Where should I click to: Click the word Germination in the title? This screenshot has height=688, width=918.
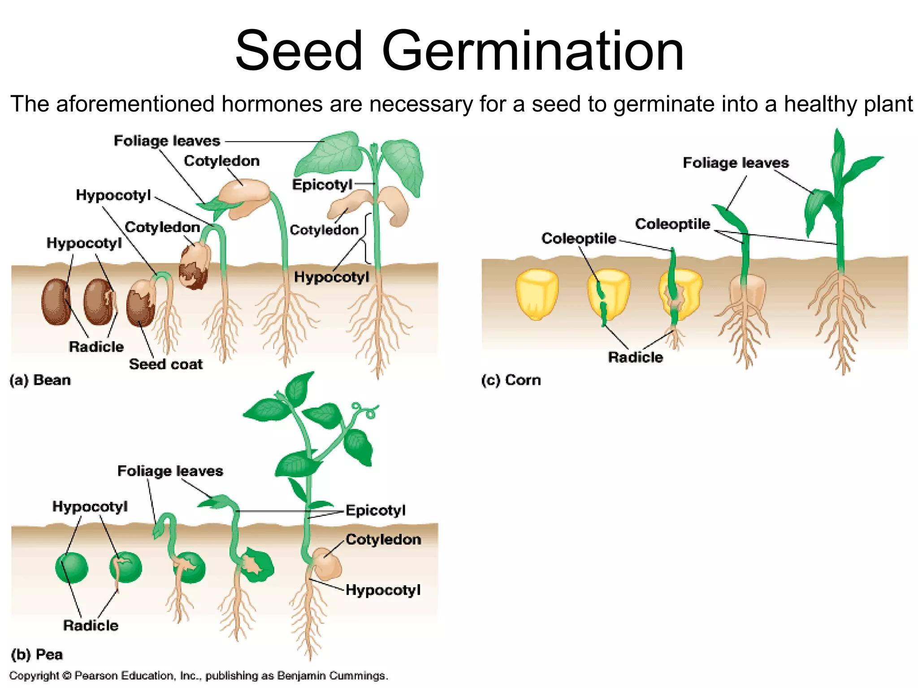pyautogui.click(x=533, y=51)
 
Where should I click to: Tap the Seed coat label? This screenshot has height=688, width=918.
pyautogui.click(x=166, y=364)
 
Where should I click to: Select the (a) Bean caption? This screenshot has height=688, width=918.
pyautogui.click(x=40, y=380)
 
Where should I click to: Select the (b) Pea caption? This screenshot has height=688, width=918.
pyautogui.click(x=36, y=654)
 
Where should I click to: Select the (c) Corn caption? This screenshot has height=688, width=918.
pyautogui.click(x=511, y=380)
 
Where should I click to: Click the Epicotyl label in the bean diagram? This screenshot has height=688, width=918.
pyautogui.click(x=322, y=185)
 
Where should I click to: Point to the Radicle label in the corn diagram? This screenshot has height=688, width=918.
pyautogui.click(x=635, y=357)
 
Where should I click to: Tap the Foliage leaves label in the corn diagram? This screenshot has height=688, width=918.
pyautogui.click(x=736, y=163)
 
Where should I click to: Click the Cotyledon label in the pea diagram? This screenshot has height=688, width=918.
pyautogui.click(x=383, y=539)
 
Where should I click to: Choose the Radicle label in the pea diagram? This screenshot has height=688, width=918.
pyautogui.click(x=91, y=625)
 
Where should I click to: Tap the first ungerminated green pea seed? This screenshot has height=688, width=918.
pyautogui.click(x=72, y=568)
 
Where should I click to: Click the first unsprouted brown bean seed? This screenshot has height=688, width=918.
pyautogui.click(x=56, y=301)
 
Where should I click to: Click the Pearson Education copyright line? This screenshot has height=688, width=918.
pyautogui.click(x=199, y=675)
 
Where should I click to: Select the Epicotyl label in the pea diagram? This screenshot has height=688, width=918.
pyautogui.click(x=376, y=510)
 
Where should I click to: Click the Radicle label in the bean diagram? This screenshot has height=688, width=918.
pyautogui.click(x=96, y=347)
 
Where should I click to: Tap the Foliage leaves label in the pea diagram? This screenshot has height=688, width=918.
pyautogui.click(x=170, y=471)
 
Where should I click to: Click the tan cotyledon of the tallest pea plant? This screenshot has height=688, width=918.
pyautogui.click(x=328, y=563)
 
